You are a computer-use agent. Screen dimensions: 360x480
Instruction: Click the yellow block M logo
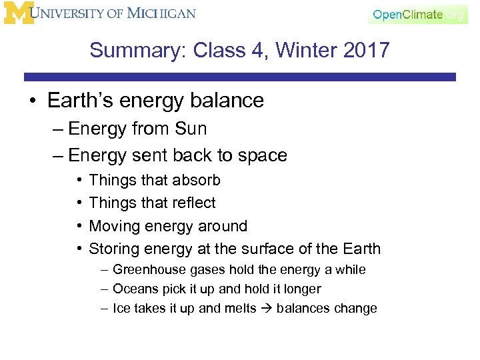[x=17, y=13]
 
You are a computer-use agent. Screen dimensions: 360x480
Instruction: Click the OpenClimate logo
[x=417, y=15]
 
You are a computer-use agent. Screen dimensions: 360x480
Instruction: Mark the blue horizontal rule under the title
[x=240, y=77]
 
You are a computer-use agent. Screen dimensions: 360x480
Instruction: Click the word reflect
[x=192, y=203]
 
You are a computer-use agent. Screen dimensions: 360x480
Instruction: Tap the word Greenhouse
[x=145, y=270]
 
